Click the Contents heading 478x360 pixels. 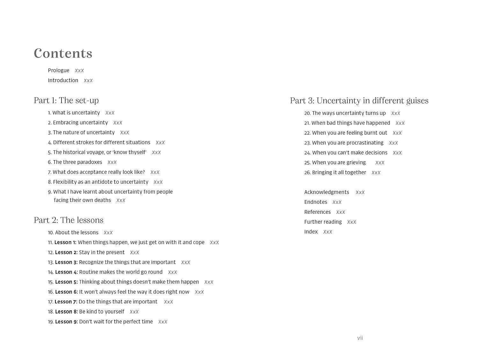click(63, 54)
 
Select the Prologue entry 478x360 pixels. click(59, 70)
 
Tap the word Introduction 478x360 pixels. click(63, 80)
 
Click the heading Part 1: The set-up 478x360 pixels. click(66, 100)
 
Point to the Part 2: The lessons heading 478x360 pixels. click(69, 220)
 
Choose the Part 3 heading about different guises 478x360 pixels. click(359, 101)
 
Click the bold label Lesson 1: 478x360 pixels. click(65, 242)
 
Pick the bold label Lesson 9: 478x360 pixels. click(66, 322)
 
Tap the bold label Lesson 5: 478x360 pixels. click(66, 282)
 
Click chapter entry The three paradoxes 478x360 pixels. click(77, 162)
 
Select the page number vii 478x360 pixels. click(360, 338)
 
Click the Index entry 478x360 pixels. click(311, 232)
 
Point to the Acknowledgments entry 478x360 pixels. click(327, 192)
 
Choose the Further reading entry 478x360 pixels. click(323, 222)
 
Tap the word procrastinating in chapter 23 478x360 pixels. click(365, 143)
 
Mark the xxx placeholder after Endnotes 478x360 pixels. click(337, 202)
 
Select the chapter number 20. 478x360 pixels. click(307, 113)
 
